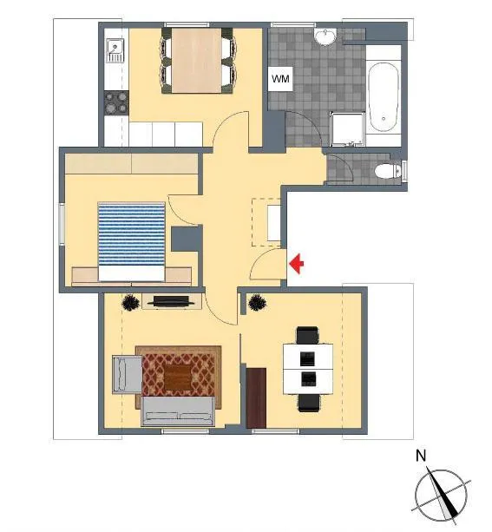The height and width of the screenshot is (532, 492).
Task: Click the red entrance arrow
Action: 297,263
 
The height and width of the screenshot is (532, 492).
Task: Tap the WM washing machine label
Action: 280,79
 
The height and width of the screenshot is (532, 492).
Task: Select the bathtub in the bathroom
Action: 383,97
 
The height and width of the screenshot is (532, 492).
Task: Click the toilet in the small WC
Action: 388,170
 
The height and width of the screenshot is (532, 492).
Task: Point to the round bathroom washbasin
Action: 325,36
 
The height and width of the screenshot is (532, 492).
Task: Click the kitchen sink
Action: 115,50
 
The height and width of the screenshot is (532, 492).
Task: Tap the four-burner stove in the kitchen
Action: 116,103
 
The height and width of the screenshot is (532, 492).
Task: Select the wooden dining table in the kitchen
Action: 196,61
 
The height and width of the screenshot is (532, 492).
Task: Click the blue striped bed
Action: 131,241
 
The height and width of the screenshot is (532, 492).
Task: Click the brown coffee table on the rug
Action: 178,376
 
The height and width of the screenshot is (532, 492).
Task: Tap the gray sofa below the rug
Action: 178,410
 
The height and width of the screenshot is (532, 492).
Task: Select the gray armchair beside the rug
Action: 127,375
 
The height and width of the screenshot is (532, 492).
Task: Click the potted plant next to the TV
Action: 131,302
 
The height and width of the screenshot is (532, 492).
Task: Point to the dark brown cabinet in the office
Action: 256,397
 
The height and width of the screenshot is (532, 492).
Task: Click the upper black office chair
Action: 307,335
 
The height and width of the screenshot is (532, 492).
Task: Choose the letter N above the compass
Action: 421,456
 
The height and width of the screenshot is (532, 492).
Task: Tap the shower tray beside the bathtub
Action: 347,129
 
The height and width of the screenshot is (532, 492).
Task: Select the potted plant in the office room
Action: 257,302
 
